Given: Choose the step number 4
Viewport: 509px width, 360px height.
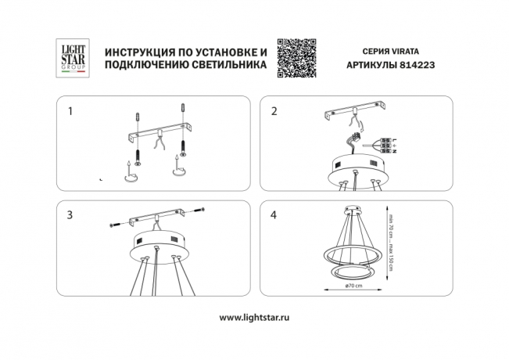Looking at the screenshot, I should [274, 214].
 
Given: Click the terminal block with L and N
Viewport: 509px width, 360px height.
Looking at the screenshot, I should [387, 145].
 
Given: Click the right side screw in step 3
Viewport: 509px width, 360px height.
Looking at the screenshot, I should [200, 210].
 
